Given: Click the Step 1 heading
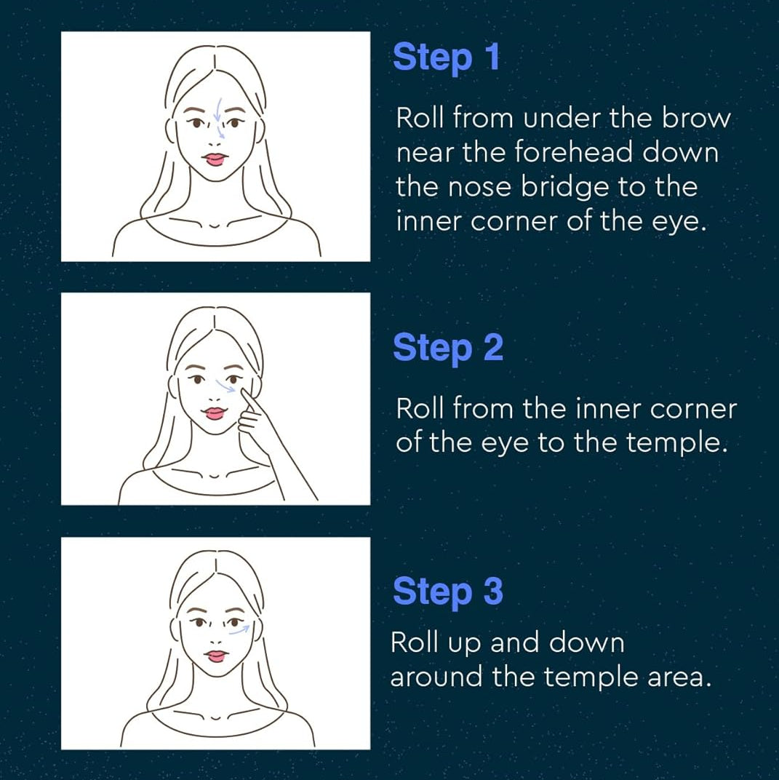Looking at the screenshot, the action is (446, 57).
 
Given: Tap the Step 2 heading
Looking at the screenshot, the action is (448, 348).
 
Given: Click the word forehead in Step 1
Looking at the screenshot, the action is (572, 152).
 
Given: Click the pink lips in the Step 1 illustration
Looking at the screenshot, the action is (215, 159).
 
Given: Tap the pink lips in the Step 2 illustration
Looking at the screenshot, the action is (215, 413).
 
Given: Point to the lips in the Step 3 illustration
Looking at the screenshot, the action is (216, 656).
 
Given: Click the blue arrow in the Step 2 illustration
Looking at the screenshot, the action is (225, 386).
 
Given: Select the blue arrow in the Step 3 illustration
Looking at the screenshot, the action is (239, 631).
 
